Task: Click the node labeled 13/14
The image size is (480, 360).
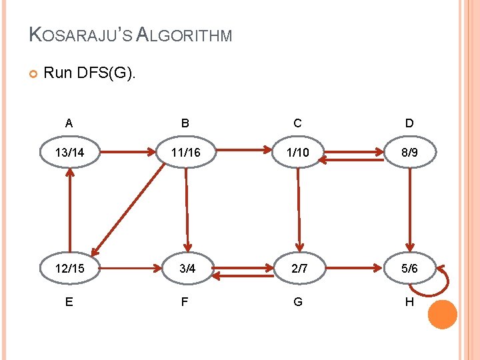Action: (x=70, y=153)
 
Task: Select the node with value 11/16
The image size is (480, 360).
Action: (x=185, y=153)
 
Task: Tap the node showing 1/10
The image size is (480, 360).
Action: (x=297, y=153)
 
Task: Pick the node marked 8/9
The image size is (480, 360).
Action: (x=409, y=153)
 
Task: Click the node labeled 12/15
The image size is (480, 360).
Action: (x=70, y=269)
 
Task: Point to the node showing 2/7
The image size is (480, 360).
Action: (x=297, y=269)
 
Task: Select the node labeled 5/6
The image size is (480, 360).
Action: (x=409, y=269)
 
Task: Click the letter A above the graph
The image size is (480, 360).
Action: (x=69, y=123)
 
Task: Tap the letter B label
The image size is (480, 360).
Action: (x=185, y=123)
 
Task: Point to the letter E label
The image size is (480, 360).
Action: (x=69, y=302)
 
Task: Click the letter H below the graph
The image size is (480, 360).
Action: (x=409, y=302)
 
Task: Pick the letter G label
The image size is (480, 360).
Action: (x=297, y=302)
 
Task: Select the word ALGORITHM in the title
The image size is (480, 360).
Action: (x=184, y=35)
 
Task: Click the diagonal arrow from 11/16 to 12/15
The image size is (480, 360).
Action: (x=129, y=210)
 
